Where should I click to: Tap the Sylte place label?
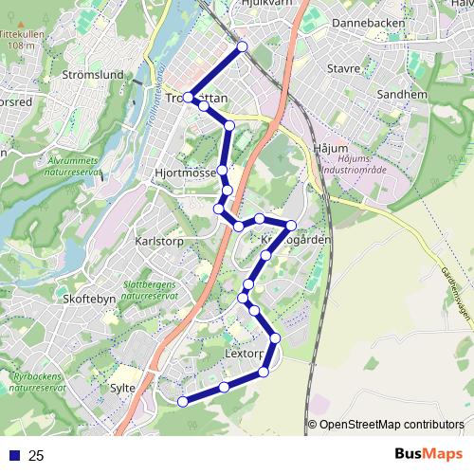(123, 388)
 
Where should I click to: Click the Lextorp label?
(245, 353)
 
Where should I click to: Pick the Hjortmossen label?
(185, 174)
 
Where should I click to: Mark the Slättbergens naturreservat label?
(151, 289)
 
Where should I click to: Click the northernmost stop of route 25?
(242, 46)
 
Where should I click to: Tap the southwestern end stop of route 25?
(183, 401)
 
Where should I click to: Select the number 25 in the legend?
(36, 456)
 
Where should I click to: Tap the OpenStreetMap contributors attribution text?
(391, 424)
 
